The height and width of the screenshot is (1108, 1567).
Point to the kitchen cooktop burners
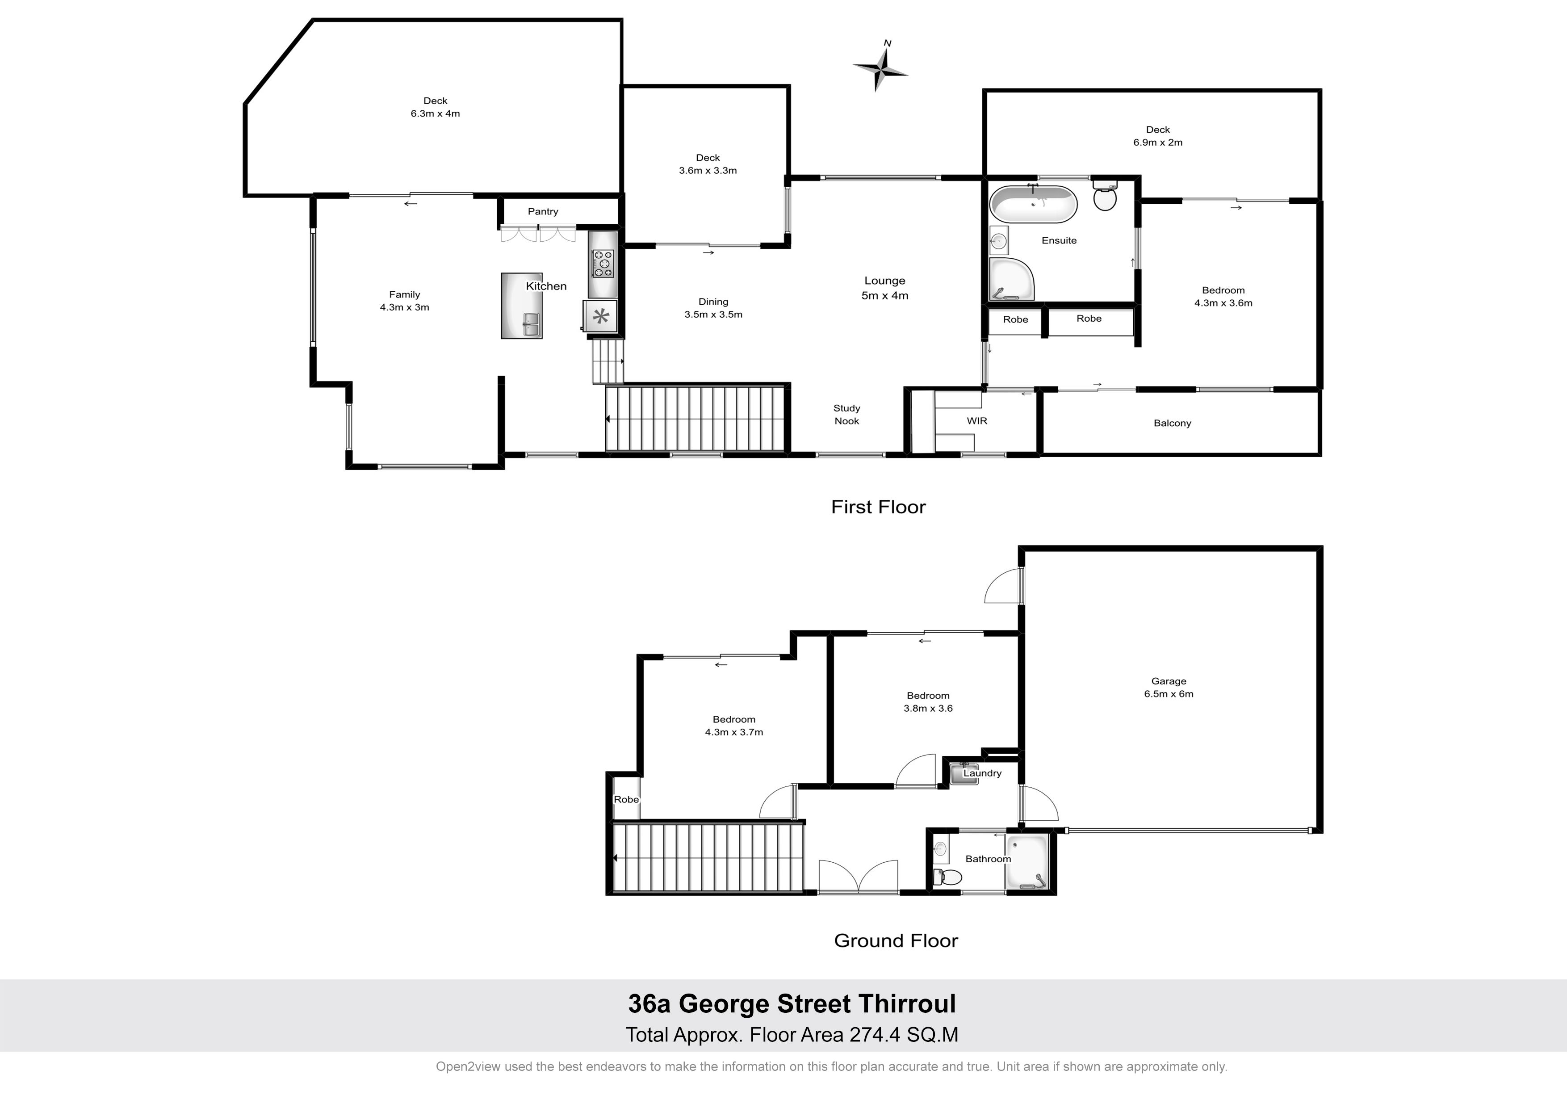pos(603,264)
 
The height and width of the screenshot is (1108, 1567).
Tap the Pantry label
pos(543,212)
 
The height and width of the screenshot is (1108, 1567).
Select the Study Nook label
pos(846,415)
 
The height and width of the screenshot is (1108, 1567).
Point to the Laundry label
pos(982,773)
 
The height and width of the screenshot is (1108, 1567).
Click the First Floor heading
pos(878,507)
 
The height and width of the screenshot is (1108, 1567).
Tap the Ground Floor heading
pos(896,941)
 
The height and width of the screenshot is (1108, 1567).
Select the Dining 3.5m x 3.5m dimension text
pos(713,315)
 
